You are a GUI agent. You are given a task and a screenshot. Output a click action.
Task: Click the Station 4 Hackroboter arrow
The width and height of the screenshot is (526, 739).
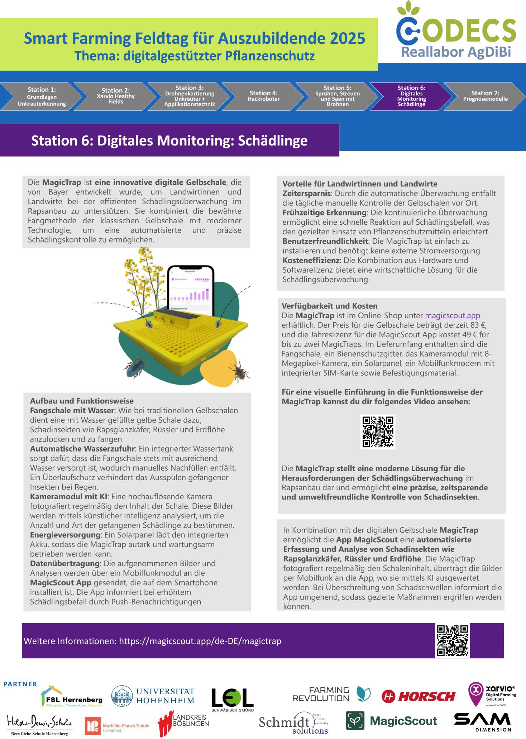(x=263, y=96)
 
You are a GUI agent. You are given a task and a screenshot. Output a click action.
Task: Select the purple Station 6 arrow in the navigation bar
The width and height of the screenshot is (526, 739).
(x=411, y=96)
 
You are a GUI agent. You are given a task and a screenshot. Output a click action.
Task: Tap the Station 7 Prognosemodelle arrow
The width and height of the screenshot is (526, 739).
(x=485, y=96)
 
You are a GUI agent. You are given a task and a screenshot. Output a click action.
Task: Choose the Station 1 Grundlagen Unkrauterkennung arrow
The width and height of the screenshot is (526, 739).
(x=42, y=96)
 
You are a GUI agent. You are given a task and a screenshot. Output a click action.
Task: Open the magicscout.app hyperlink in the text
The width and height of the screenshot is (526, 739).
(x=452, y=316)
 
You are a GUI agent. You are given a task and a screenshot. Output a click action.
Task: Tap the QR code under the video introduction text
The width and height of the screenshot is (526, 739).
(x=378, y=432)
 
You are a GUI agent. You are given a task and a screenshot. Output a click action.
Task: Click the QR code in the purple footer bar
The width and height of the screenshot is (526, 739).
(x=452, y=641)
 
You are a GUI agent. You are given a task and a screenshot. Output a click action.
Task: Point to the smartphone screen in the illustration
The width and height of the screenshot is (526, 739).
(x=191, y=289)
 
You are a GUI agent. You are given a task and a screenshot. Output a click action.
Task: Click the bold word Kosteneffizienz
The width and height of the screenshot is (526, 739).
(x=311, y=261)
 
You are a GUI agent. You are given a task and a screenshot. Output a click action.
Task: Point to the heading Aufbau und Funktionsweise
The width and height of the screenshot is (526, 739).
(x=82, y=401)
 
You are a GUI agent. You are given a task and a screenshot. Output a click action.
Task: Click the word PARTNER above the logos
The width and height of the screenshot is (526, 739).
(x=20, y=684)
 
